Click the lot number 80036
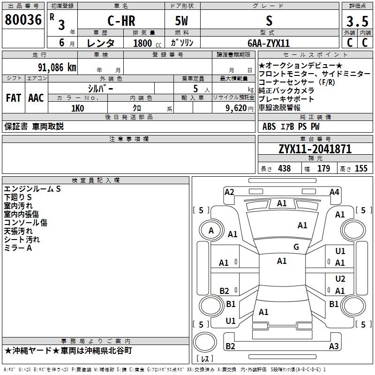[23, 20]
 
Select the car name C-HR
[121, 21]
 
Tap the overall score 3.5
[357, 22]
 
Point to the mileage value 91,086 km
[57, 67]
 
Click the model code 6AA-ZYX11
[269, 43]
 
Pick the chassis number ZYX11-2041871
[315, 149]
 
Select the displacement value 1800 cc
[147, 43]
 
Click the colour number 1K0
[78, 108]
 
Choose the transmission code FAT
[14, 98]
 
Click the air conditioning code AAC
[36, 98]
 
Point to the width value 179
[323, 168]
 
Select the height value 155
[361, 168]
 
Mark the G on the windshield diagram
[296, 247]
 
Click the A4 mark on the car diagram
[334, 192]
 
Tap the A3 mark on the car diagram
[334, 346]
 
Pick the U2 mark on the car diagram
[340, 278]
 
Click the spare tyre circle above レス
[205, 342]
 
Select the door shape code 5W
[181, 21]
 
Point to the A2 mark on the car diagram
[229, 192]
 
